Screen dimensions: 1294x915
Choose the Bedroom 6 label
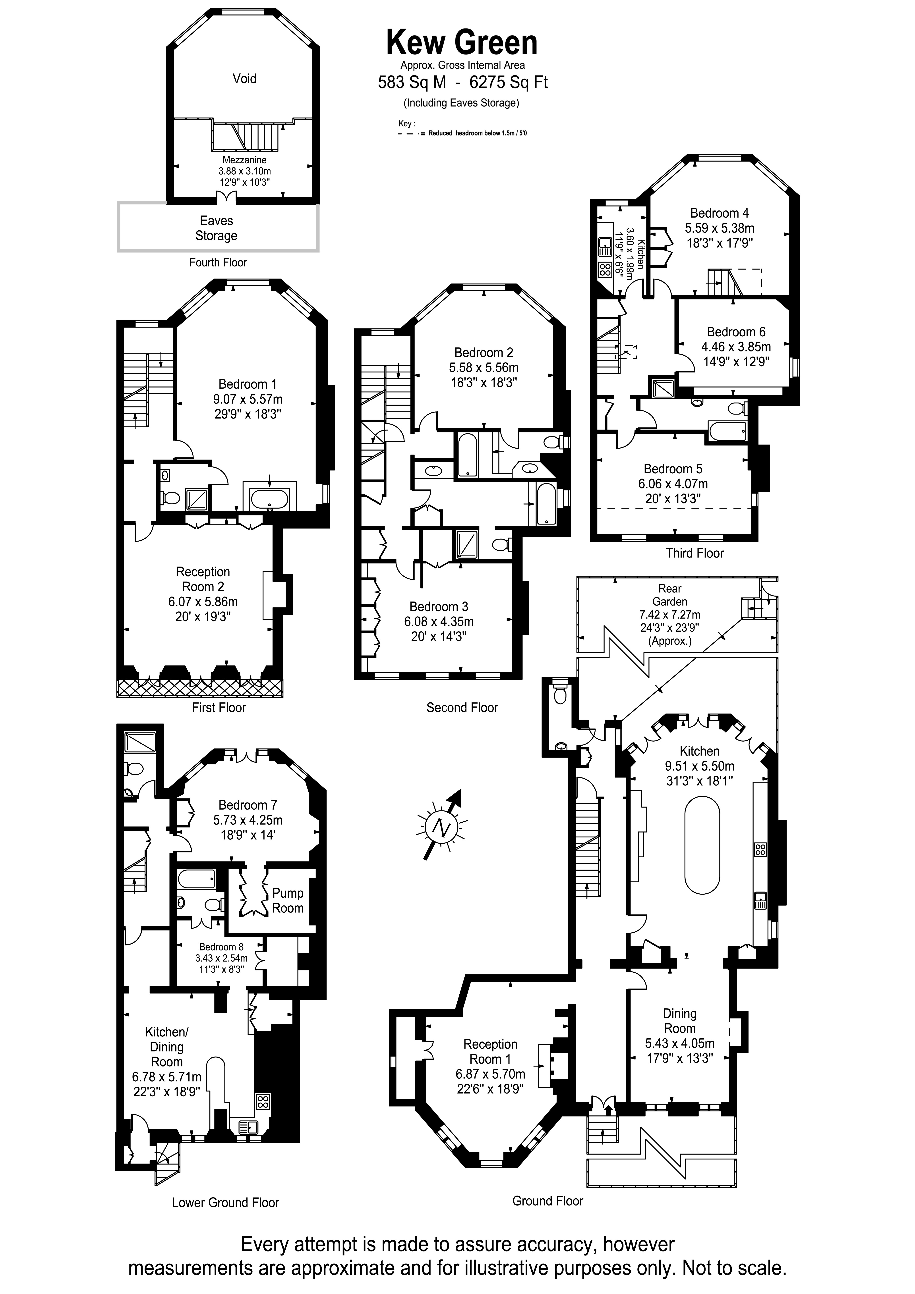point(736,332)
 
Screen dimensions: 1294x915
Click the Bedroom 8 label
point(221,947)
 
